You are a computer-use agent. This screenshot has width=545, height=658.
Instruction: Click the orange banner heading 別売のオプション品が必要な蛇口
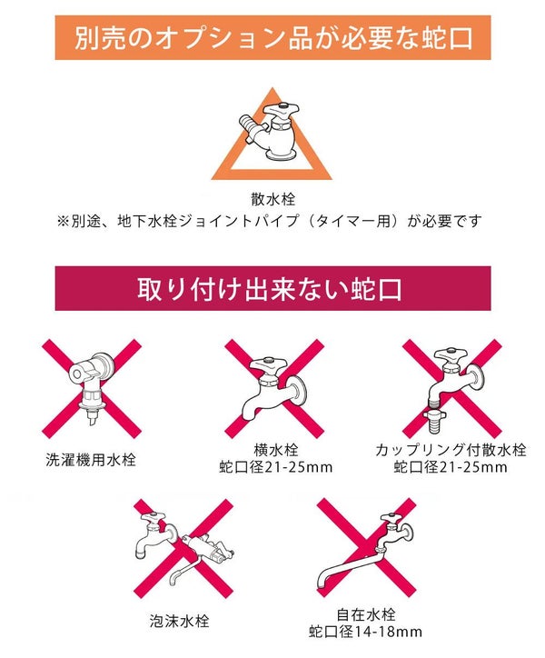(272, 38)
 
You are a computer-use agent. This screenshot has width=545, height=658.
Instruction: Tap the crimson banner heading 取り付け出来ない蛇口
(272, 288)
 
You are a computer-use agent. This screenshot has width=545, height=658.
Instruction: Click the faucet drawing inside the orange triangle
(269, 131)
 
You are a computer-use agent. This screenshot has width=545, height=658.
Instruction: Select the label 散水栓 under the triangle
(273, 199)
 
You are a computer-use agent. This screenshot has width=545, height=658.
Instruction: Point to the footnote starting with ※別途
(269, 221)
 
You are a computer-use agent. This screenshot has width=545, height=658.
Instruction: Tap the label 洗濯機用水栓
(91, 460)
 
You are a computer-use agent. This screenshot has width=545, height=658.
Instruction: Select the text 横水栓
(275, 450)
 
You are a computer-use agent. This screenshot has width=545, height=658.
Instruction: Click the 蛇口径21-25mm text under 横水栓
(275, 467)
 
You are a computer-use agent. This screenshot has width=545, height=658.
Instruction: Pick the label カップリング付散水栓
(451, 450)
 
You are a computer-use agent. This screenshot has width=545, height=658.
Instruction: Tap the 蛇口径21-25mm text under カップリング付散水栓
(451, 467)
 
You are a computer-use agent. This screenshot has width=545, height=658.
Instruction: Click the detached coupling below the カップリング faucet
(434, 423)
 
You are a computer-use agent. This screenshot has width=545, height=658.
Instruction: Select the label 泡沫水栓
(179, 621)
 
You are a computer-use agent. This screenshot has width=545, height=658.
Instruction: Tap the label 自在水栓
(366, 614)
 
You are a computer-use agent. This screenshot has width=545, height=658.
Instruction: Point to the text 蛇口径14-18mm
(365, 632)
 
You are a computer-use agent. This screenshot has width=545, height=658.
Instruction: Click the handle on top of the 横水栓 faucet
(269, 364)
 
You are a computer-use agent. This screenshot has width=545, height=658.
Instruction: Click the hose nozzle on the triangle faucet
(250, 125)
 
